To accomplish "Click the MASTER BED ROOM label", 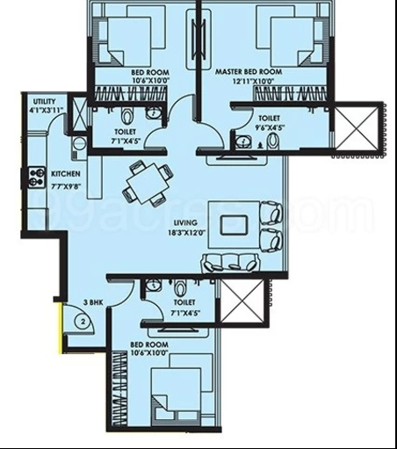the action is (249, 72).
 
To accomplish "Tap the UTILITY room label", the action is (44, 102).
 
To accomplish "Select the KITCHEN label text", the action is (66, 174).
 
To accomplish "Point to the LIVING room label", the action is (185, 222).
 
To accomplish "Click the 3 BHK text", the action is (93, 302).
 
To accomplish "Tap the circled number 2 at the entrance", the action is (83, 322).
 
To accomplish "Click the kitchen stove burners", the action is (36, 177).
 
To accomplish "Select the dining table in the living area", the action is (148, 184).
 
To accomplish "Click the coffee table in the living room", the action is (234, 225).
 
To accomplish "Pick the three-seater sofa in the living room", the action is (230, 263).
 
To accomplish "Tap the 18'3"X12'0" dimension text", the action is (187, 233).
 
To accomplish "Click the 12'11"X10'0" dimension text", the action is (253, 81).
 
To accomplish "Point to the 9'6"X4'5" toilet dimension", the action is (269, 127).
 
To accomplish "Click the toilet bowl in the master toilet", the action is (273, 141).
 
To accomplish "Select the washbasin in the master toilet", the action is (243, 142).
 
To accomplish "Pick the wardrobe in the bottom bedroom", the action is (119, 388).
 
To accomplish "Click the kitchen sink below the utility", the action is (79, 144).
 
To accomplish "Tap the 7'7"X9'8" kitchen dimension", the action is (66, 186).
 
